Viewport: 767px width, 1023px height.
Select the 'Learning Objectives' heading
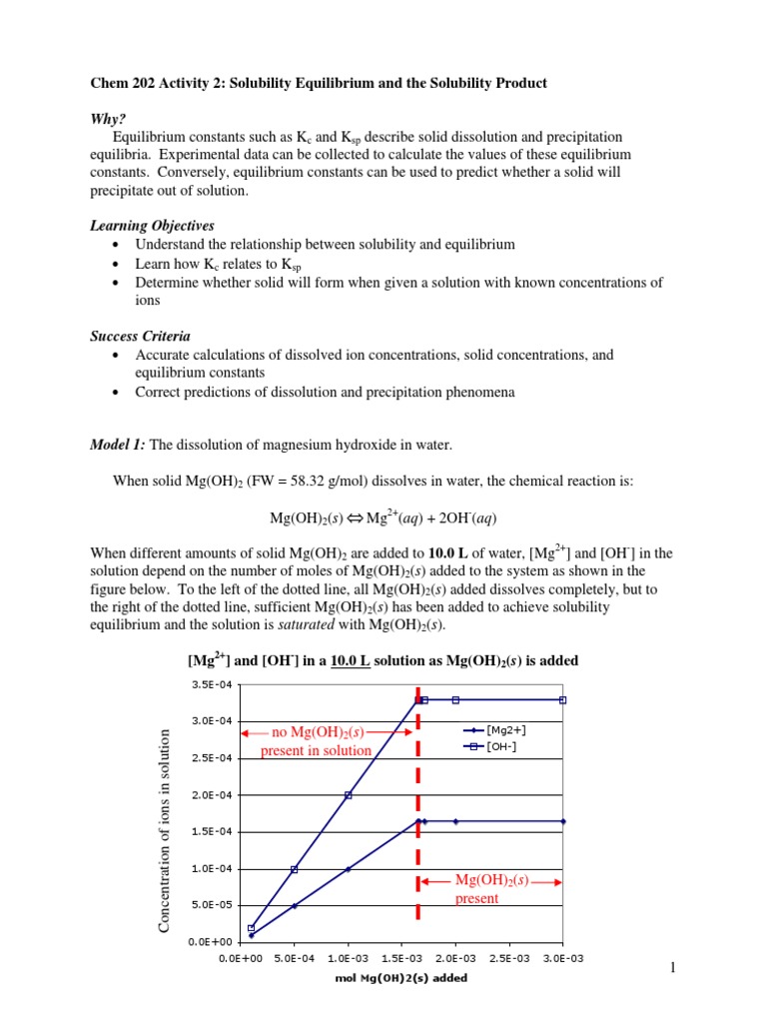152,226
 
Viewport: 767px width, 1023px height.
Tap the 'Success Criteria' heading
140,337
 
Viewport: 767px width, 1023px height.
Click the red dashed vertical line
417,799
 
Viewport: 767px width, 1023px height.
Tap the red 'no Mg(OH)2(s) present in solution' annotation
316,741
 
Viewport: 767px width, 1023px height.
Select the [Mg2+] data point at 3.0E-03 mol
563,821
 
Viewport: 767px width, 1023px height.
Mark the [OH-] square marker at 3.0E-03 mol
563,700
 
